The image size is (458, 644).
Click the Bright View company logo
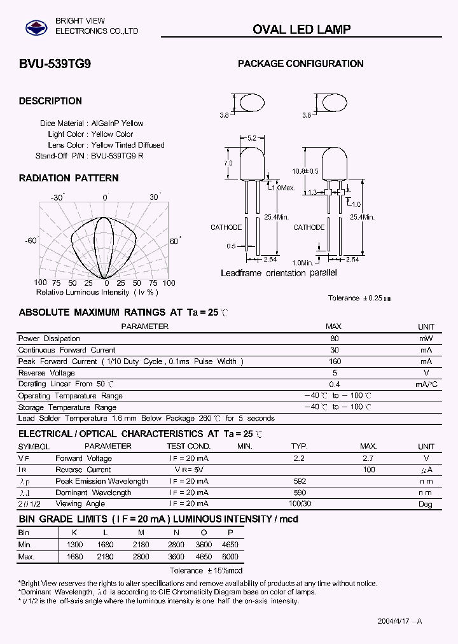(36, 27)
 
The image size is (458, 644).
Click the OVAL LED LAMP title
(302, 29)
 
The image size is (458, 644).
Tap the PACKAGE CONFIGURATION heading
(300, 64)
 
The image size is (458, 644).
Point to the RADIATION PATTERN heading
(69, 178)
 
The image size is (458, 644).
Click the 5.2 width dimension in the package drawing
(251, 138)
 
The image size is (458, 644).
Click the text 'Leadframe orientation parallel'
(279, 273)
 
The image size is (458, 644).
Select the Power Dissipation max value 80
(335, 339)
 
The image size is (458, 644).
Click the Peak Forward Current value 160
(335, 361)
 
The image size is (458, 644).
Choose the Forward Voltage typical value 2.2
(299, 458)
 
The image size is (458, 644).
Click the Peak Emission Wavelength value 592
(299, 481)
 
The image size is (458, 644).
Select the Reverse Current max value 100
(369, 470)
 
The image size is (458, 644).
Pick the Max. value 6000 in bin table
(230, 556)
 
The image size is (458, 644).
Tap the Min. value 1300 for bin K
(75, 545)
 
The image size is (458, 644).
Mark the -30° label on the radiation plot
(59, 198)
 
